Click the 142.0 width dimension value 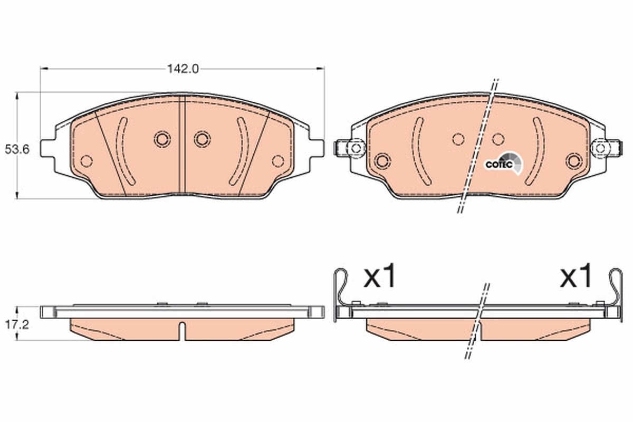[182, 69]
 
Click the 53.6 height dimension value [16, 149]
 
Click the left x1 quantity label [379, 277]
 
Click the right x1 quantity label [577, 277]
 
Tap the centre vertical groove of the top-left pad [182, 145]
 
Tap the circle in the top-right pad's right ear [600, 148]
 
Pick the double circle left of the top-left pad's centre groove [162, 139]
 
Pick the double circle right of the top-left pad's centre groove [202, 139]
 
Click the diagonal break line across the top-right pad [478, 148]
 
